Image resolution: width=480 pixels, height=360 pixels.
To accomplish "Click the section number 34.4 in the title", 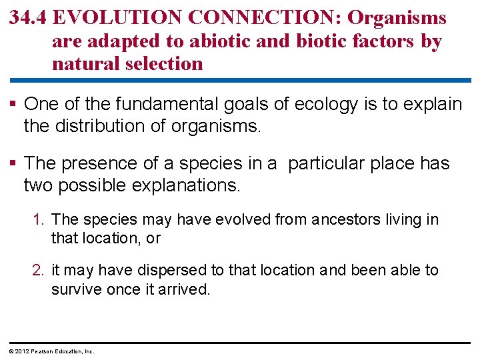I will coord(29,18).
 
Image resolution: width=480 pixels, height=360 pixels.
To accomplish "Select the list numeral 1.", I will coord(39,220).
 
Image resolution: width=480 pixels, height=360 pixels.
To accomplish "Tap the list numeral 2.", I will coord(39,270).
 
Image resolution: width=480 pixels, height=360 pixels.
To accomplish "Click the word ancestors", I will coord(342,220).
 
